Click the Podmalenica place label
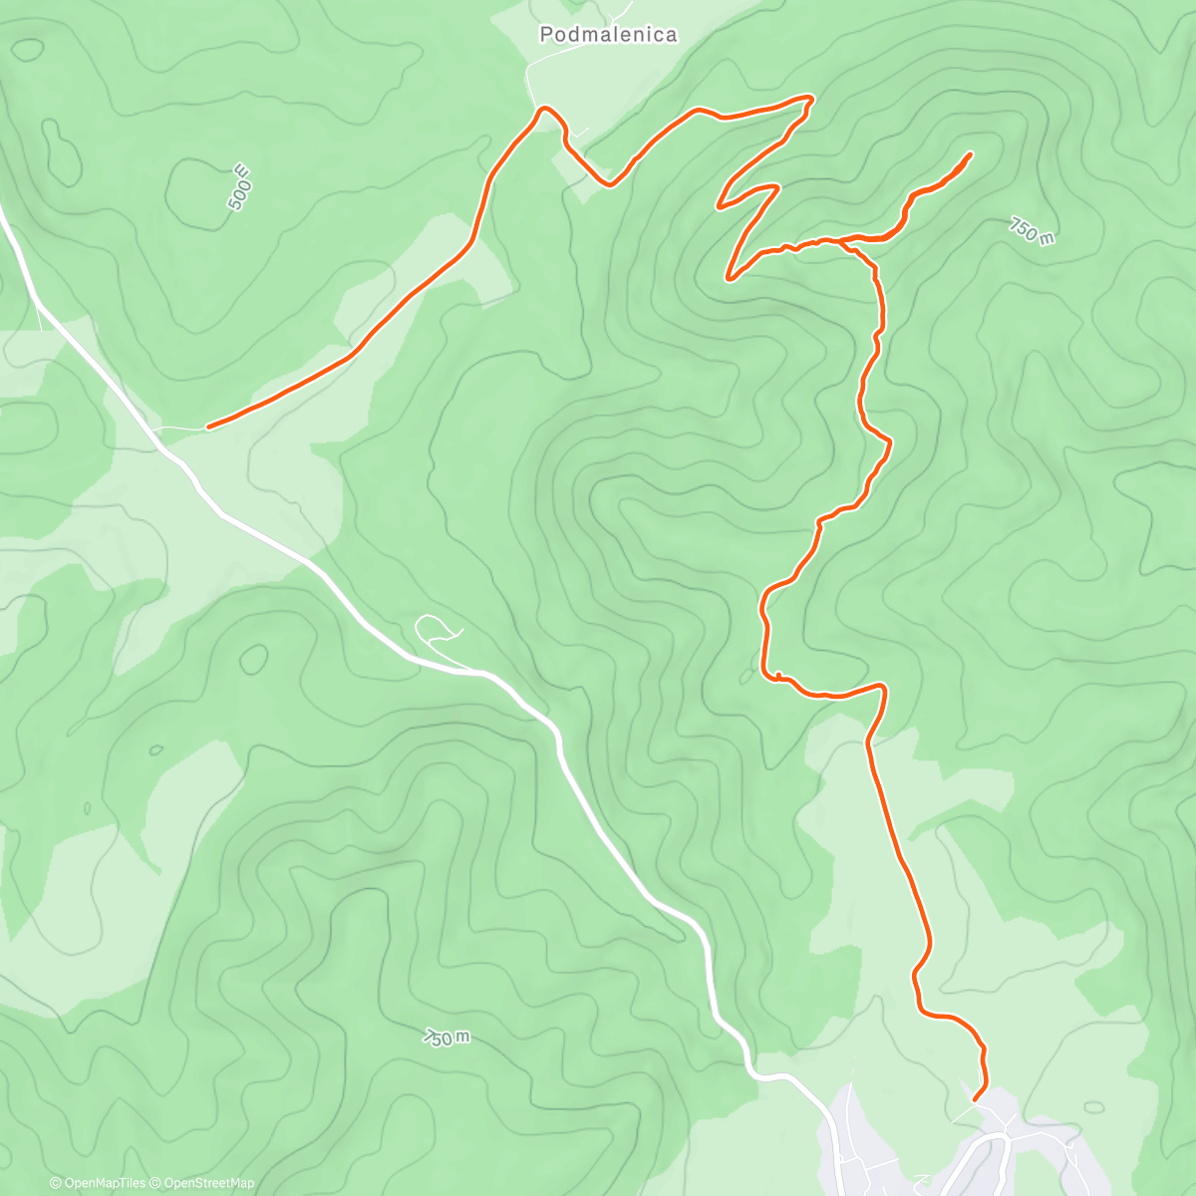coord(608,35)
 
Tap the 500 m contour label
coord(239,186)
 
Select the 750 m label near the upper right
coord(1031,231)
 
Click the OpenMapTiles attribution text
coord(98,1183)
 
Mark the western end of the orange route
coord(207,428)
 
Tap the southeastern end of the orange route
coord(974,1099)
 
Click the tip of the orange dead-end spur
coord(970,153)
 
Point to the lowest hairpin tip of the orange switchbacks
coord(730,278)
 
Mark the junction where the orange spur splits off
coord(842,240)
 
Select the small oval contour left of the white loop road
coord(253,659)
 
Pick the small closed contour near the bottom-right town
coord(1094,1106)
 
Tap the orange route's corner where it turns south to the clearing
coord(883,687)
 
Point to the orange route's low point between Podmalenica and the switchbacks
coord(609,183)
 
